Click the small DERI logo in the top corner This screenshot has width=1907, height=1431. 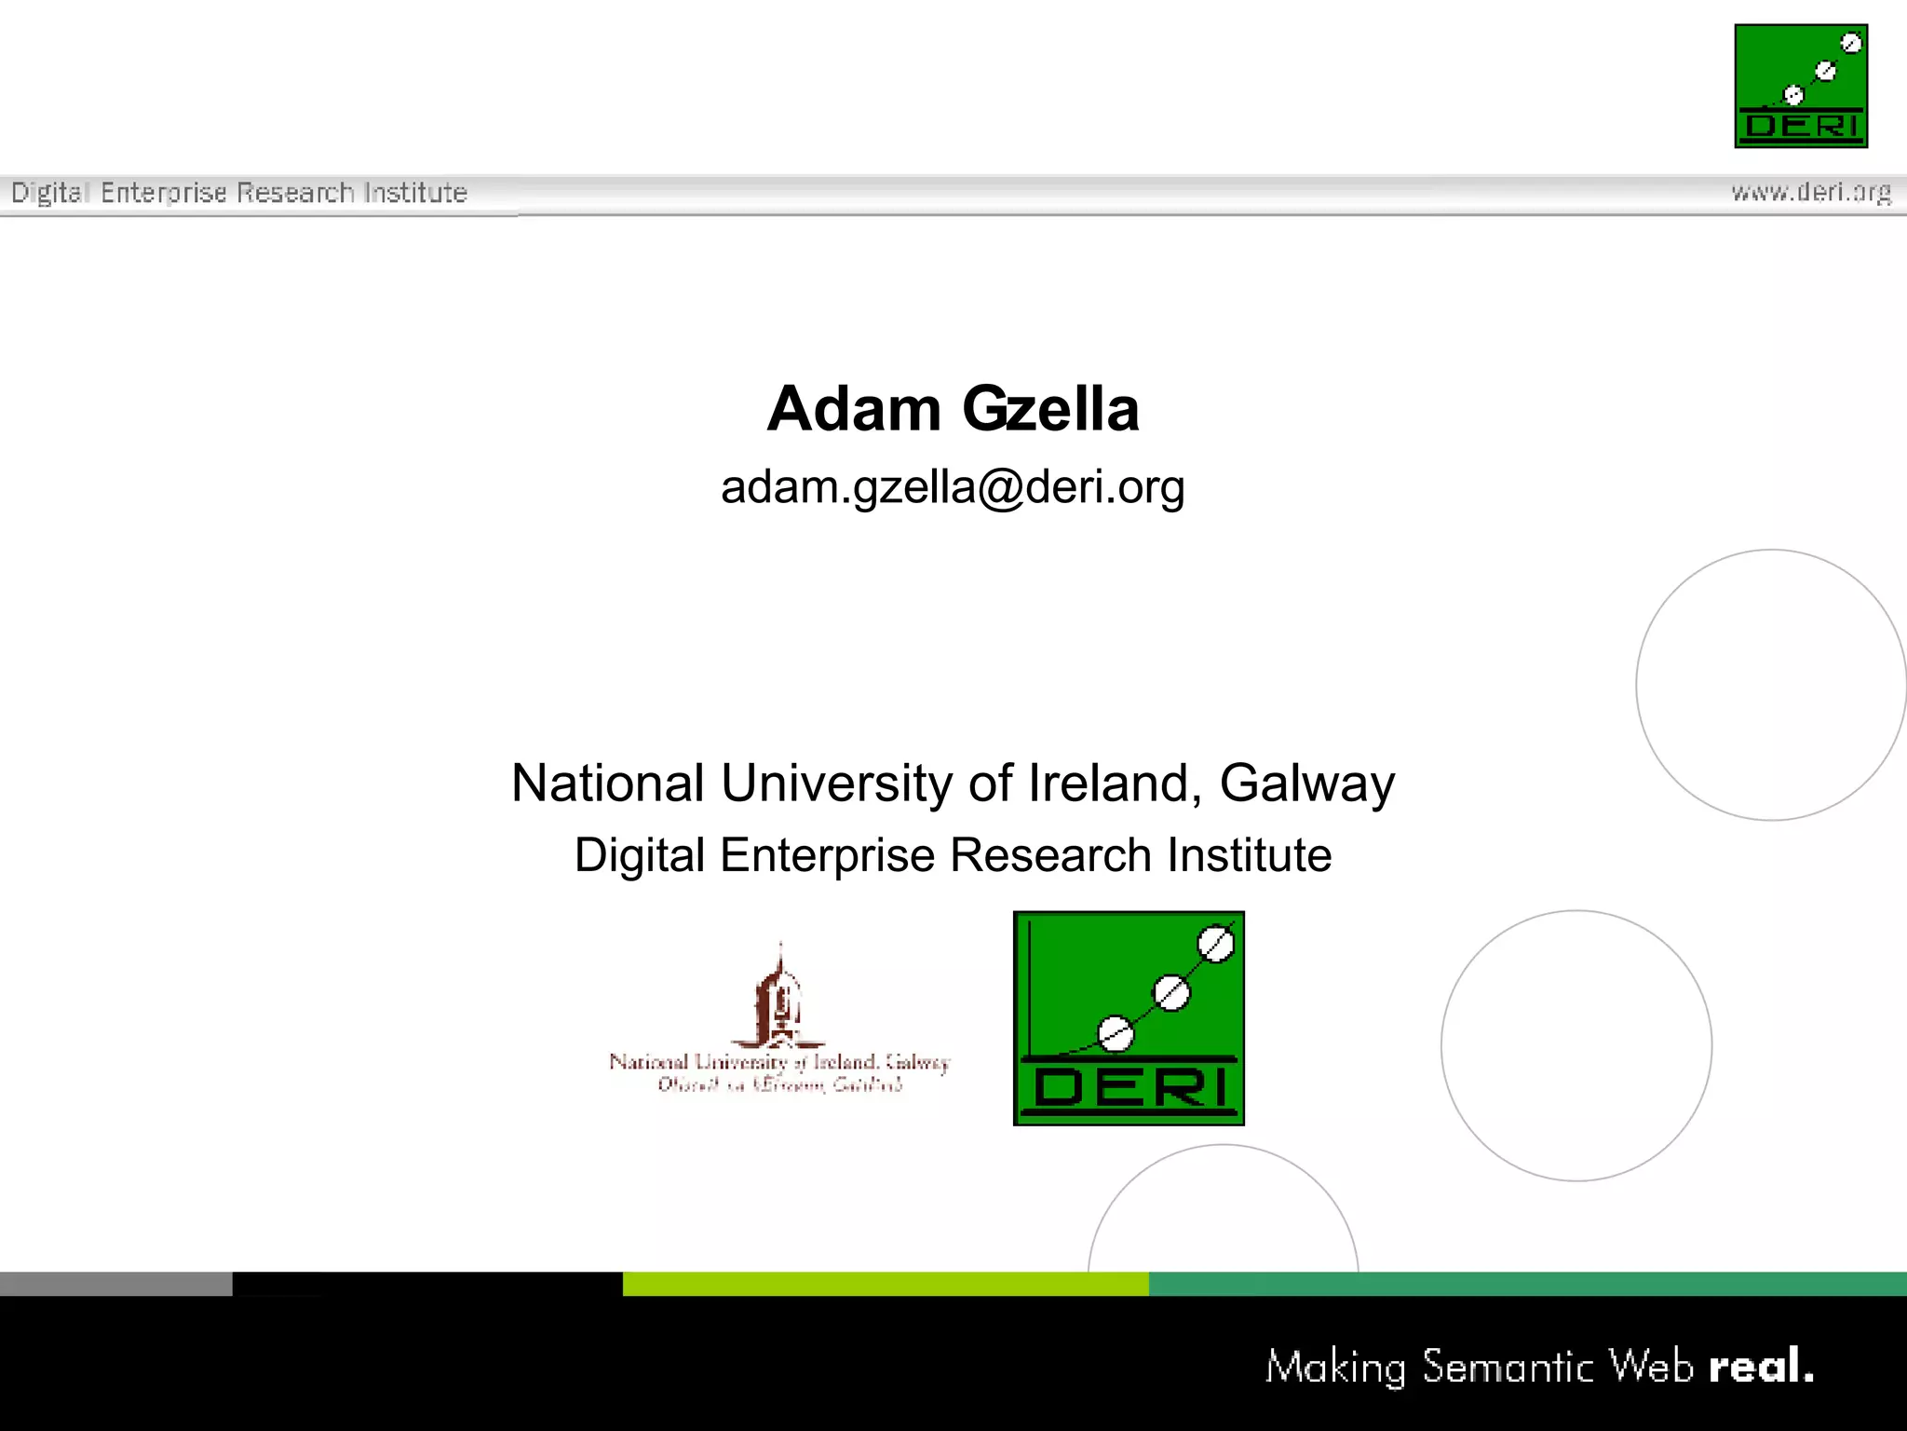(1801, 86)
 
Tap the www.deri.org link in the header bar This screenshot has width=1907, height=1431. (1811, 192)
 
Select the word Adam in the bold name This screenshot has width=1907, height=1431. (854, 409)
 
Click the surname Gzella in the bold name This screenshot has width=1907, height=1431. (1050, 409)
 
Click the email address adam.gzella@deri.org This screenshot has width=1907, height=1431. (953, 486)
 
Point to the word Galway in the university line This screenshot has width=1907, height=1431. (1307, 783)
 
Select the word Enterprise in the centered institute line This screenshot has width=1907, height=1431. (827, 855)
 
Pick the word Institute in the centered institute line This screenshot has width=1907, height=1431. (1250, 855)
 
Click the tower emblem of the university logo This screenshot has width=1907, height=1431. (780, 997)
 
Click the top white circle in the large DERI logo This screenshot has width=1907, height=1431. (1215, 944)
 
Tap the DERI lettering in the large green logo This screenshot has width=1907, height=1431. (1129, 1086)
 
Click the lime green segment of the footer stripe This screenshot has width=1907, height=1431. (886, 1284)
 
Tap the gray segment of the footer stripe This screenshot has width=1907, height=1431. (115, 1284)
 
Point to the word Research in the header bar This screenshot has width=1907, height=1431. (295, 193)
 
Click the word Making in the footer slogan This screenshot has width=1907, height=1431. (1335, 1367)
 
